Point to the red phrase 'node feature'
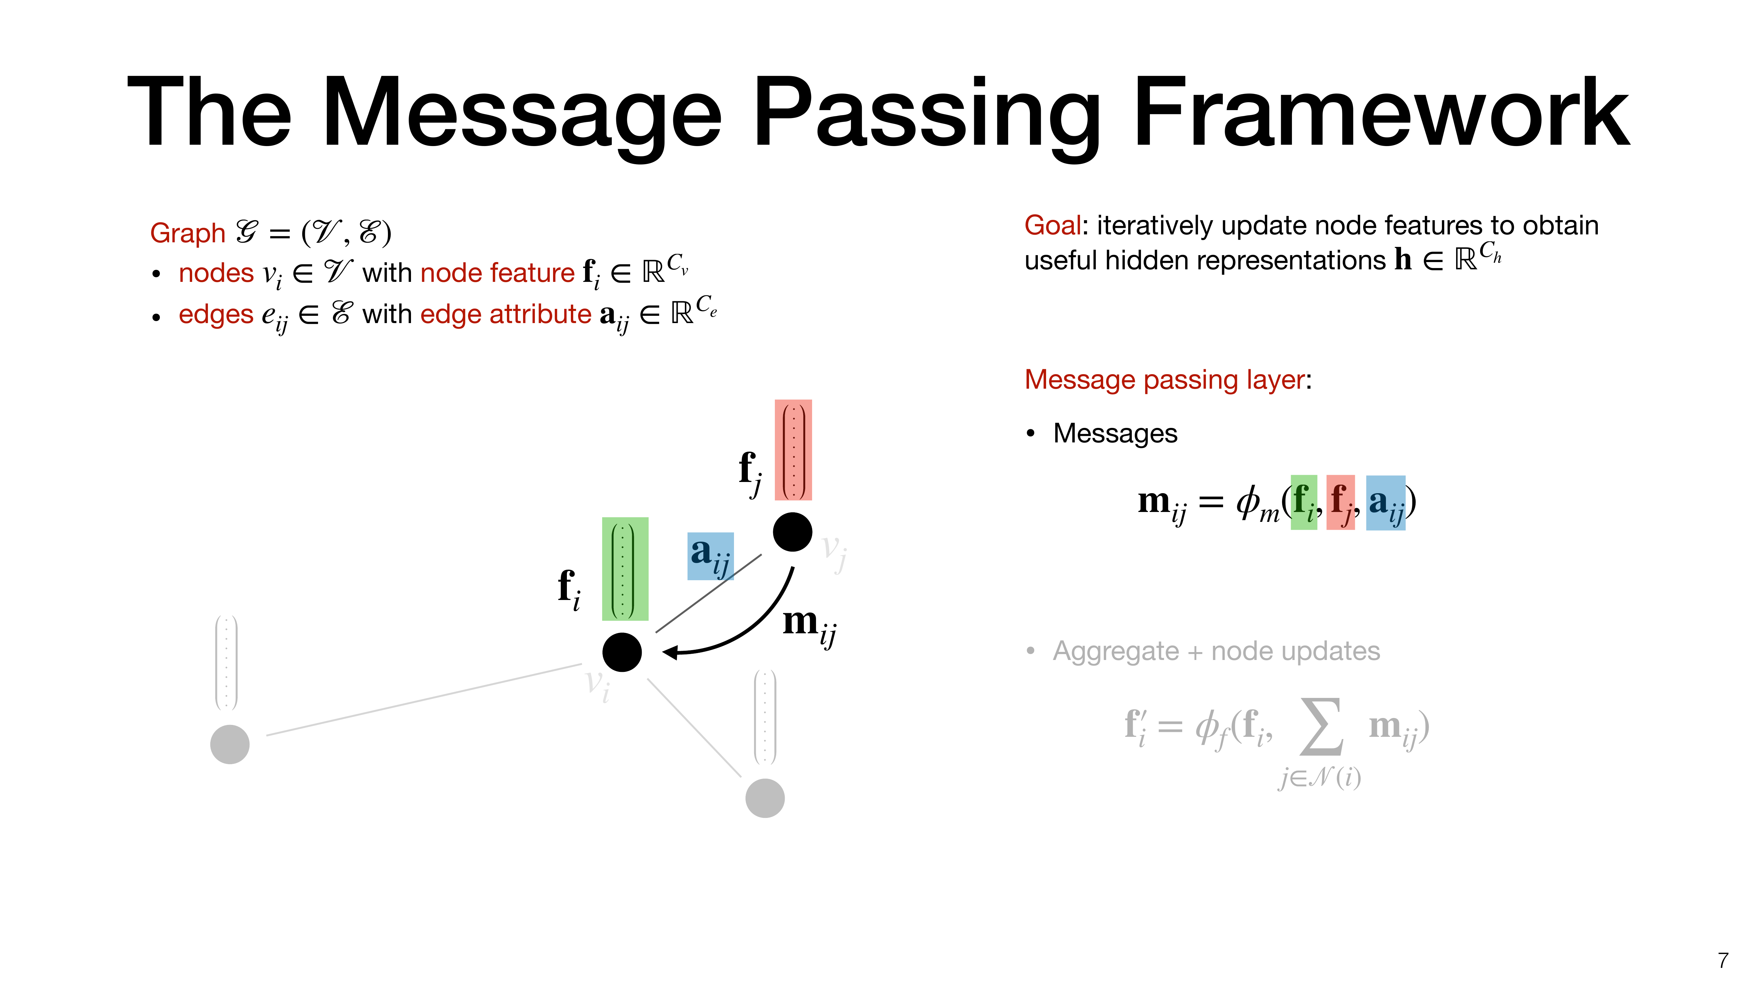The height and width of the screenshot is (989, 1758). click(x=498, y=273)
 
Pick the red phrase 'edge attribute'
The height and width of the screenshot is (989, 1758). click(x=506, y=315)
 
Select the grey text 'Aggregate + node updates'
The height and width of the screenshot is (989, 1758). click(x=1216, y=651)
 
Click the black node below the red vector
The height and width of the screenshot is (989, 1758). click(x=792, y=532)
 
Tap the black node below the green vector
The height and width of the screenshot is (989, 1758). click(x=622, y=652)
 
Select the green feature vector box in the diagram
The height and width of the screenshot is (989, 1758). click(x=625, y=569)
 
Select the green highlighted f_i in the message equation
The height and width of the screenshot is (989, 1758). click(x=1304, y=502)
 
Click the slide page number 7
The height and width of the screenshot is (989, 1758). click(x=1723, y=960)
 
